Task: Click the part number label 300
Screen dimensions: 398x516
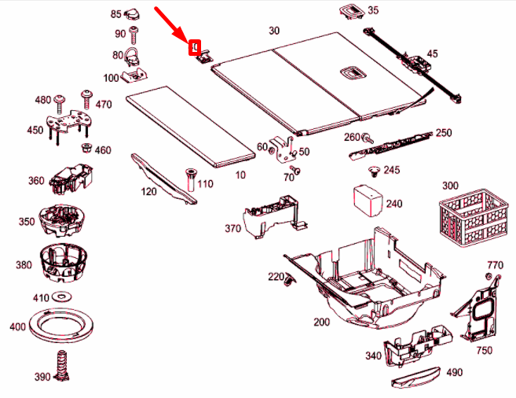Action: pos(450,186)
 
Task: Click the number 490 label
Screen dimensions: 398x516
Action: pos(455,373)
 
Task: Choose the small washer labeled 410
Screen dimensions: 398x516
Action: pos(61,297)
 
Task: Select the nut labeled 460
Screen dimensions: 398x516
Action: pos(87,149)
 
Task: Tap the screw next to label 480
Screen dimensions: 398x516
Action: pos(60,99)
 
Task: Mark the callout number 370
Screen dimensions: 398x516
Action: pos(232,228)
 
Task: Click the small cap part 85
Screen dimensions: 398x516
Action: pos(132,13)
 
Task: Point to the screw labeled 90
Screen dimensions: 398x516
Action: pos(135,33)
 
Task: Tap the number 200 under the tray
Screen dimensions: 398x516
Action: pos(322,322)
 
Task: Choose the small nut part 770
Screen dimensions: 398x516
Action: pos(489,278)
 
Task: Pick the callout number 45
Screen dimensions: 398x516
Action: pos(432,53)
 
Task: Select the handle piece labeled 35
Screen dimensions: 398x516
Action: pos(349,10)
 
